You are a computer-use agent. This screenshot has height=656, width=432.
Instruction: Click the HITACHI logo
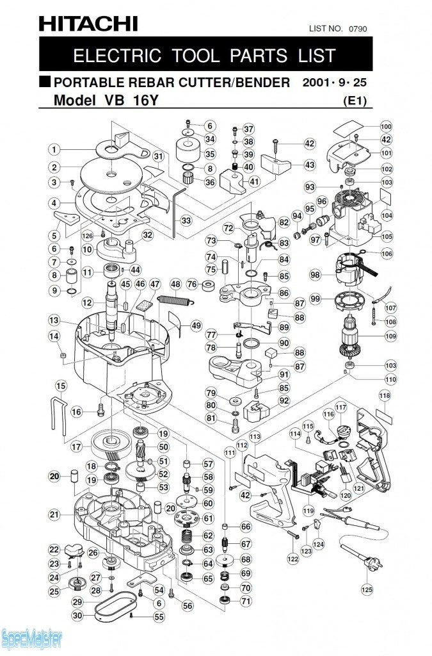[x=88, y=24]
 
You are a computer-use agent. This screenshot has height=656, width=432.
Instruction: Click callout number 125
[x=367, y=589]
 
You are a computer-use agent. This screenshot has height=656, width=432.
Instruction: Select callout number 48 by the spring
[x=175, y=284]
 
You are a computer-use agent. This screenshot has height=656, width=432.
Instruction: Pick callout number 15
[x=61, y=386]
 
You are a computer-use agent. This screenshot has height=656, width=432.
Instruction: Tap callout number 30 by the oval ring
[x=77, y=616]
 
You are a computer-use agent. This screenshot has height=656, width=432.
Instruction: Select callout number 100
[x=386, y=126]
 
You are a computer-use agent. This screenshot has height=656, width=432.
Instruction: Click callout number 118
[x=384, y=396]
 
